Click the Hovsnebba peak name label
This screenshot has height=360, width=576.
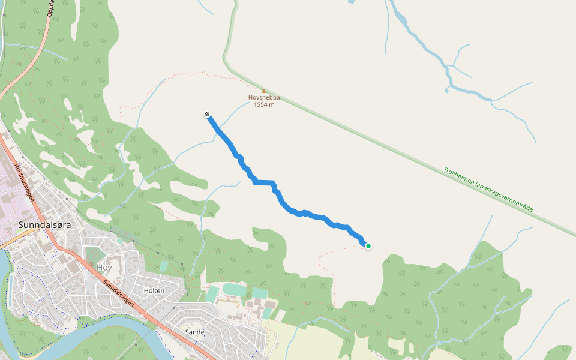tap(264, 98)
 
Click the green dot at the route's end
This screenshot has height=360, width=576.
tap(368, 245)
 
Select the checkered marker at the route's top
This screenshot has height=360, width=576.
tap(207, 114)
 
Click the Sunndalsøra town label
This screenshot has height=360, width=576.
tap(45, 225)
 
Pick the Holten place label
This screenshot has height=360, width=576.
tap(154, 290)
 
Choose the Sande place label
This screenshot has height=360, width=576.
tap(195, 332)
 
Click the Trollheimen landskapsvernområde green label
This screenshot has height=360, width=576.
tap(488, 189)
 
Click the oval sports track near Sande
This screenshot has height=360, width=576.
tap(235, 290)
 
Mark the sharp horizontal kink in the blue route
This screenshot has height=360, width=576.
tap(264, 182)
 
